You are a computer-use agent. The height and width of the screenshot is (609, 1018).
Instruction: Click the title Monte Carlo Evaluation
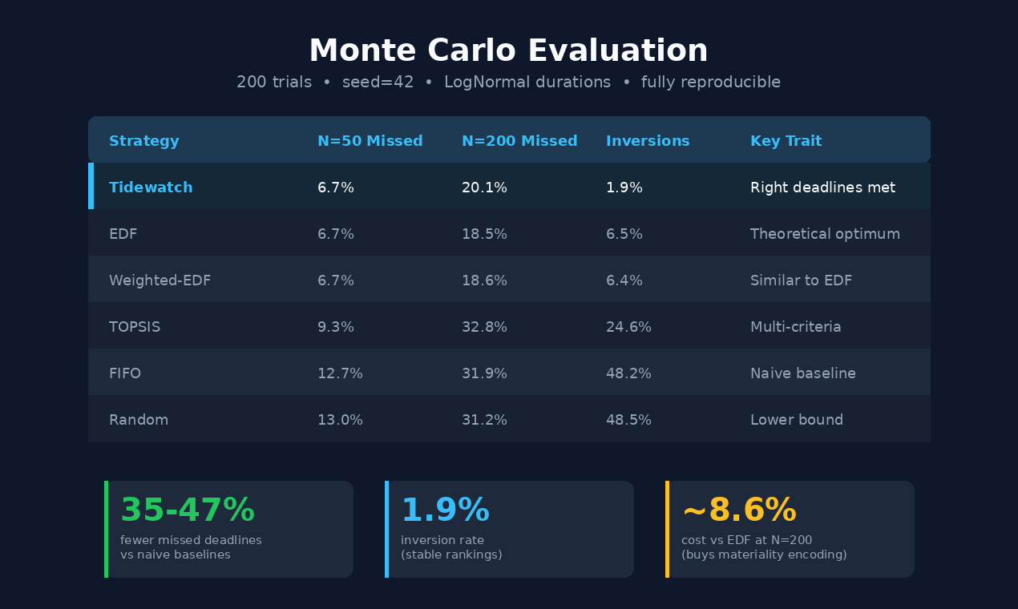[508, 50]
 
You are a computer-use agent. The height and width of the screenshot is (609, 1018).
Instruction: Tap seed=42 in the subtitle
[378, 82]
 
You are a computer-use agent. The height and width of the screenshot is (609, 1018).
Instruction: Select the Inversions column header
[648, 141]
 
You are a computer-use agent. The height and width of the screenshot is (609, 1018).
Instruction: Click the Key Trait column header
[786, 141]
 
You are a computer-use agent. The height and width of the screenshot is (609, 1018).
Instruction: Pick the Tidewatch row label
[151, 188]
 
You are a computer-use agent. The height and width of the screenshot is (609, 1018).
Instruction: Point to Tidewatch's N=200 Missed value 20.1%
[484, 188]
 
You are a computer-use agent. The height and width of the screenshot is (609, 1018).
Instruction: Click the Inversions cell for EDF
[624, 234]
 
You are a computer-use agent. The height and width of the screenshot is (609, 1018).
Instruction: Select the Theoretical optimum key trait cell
[825, 234]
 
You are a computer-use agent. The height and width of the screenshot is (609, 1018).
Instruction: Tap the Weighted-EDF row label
[160, 280]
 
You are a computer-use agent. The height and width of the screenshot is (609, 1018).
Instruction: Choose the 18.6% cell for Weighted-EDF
[484, 280]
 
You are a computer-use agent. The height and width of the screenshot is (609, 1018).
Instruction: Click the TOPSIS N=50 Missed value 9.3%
[336, 327]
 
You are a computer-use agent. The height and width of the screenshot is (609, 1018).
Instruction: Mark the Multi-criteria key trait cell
[795, 327]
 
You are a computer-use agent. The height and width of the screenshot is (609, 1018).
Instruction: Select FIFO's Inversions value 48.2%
[628, 373]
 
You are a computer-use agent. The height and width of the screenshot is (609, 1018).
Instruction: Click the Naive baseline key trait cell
[802, 373]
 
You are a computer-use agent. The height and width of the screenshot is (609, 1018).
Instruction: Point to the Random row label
[139, 420]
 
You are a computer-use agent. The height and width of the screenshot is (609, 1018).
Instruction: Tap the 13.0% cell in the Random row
[340, 420]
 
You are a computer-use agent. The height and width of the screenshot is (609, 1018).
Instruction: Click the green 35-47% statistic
[188, 510]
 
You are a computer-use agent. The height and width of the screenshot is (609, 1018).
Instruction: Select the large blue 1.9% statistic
[445, 510]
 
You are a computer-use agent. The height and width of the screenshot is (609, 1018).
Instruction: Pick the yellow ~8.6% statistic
[739, 510]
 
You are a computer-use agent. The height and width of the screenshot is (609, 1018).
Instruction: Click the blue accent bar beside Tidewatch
[91, 186]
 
